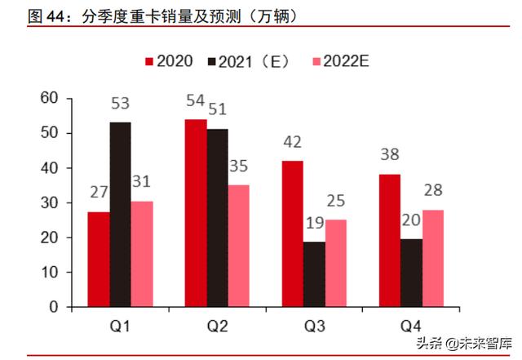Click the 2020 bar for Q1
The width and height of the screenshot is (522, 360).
(x=99, y=260)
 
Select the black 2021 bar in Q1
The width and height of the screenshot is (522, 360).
(x=120, y=215)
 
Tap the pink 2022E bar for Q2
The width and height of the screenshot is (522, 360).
(x=238, y=246)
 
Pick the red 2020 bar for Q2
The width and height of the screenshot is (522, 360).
(x=196, y=213)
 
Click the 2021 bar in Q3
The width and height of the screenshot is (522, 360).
(x=314, y=274)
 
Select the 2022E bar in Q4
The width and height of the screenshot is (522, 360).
(x=433, y=258)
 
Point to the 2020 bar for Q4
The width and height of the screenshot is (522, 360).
(x=390, y=241)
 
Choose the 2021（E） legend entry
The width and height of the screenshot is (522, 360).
(x=250, y=61)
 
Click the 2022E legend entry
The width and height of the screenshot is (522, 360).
(x=343, y=61)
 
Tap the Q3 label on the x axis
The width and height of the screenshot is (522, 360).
(x=314, y=327)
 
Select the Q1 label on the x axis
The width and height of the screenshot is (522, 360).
(x=120, y=327)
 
